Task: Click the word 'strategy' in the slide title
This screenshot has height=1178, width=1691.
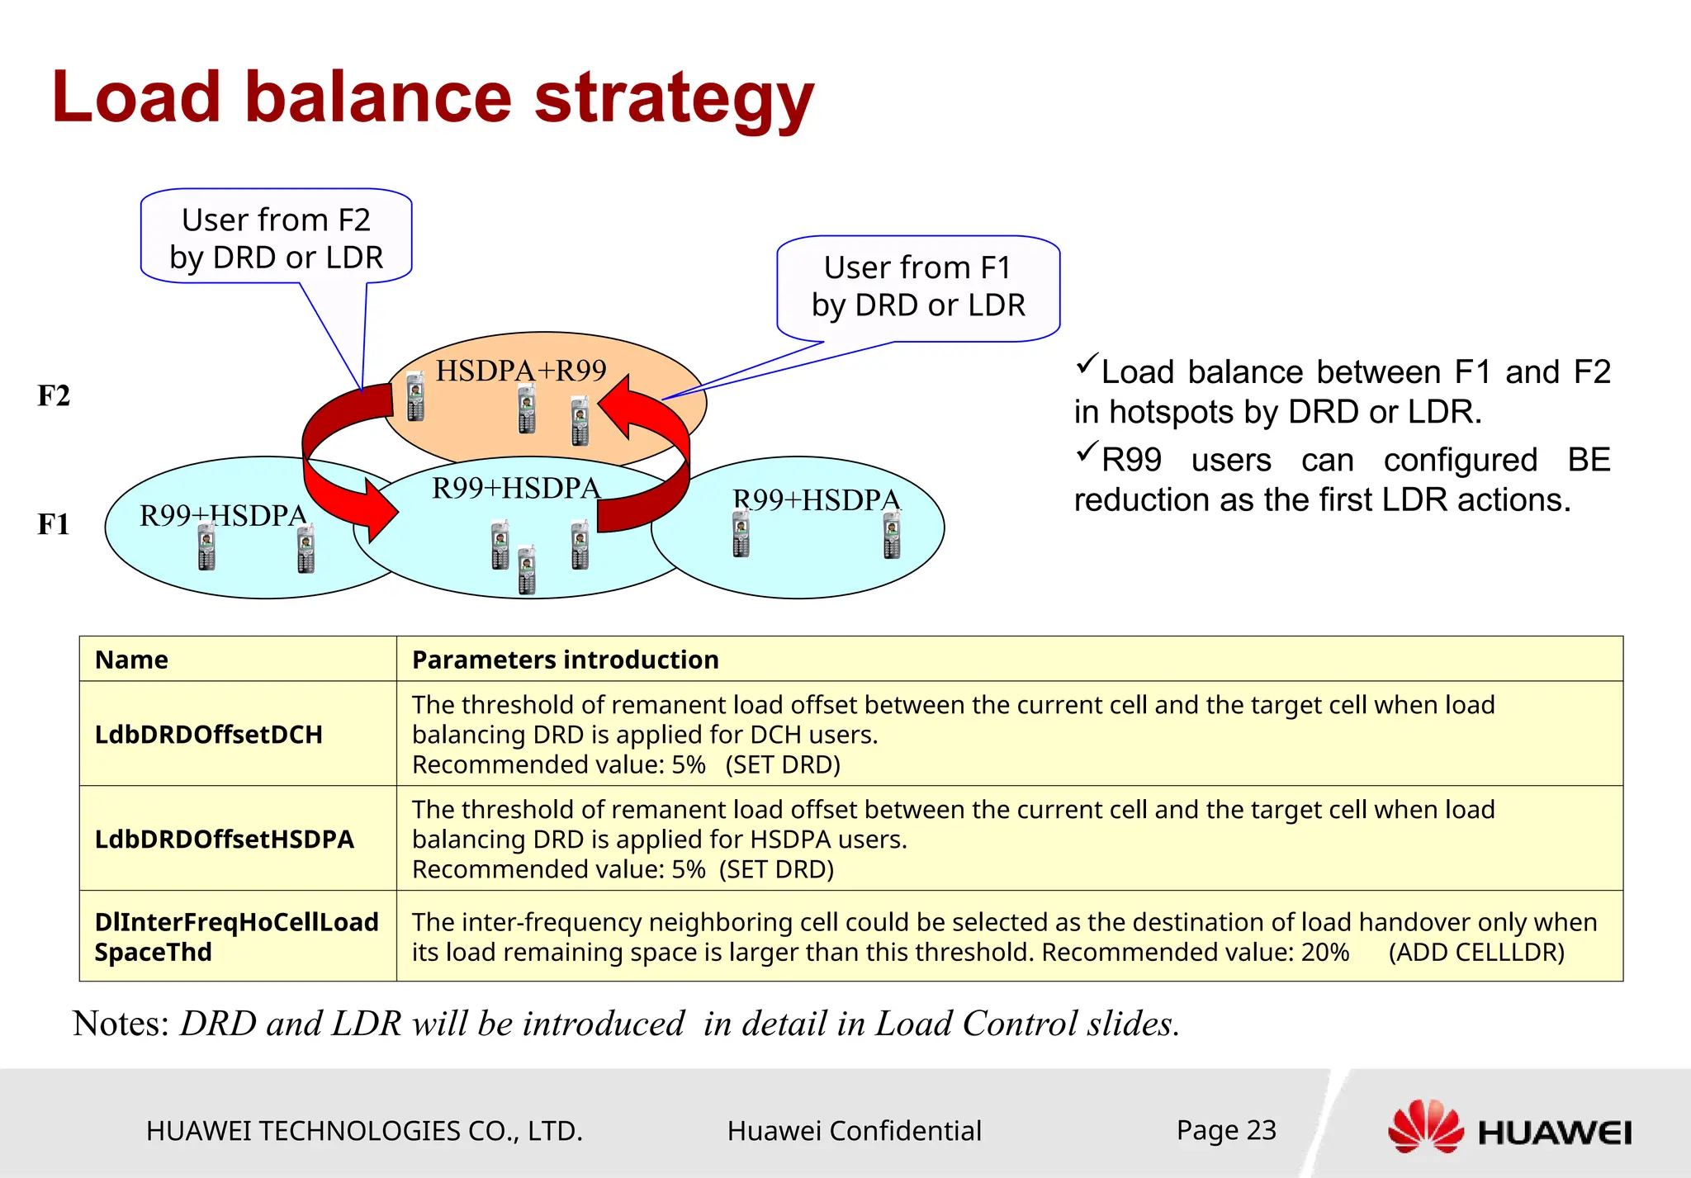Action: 673,99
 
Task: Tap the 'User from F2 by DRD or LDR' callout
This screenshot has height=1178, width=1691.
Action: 276,238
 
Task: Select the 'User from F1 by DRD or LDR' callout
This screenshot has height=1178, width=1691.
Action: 917,286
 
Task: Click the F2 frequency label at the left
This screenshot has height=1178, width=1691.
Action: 54,396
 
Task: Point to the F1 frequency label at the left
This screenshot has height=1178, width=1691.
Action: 54,524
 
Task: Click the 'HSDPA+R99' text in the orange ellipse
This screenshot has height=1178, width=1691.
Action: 521,371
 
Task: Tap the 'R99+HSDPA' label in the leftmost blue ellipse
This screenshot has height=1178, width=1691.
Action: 223,516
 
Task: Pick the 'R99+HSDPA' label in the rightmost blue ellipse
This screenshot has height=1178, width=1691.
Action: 817,500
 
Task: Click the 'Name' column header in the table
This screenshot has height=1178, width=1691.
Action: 131,660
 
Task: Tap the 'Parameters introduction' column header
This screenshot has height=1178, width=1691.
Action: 565,660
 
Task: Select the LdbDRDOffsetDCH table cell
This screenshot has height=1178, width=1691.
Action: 208,735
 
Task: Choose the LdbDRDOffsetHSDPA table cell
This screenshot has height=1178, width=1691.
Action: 224,840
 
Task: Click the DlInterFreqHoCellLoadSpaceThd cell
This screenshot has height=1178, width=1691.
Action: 236,937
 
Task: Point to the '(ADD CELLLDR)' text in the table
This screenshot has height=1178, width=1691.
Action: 1476,953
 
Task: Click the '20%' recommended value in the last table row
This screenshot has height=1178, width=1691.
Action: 1324,953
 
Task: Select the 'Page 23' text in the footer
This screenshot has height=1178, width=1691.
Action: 1226,1129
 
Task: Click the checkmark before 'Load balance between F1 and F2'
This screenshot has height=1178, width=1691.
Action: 1087,364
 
